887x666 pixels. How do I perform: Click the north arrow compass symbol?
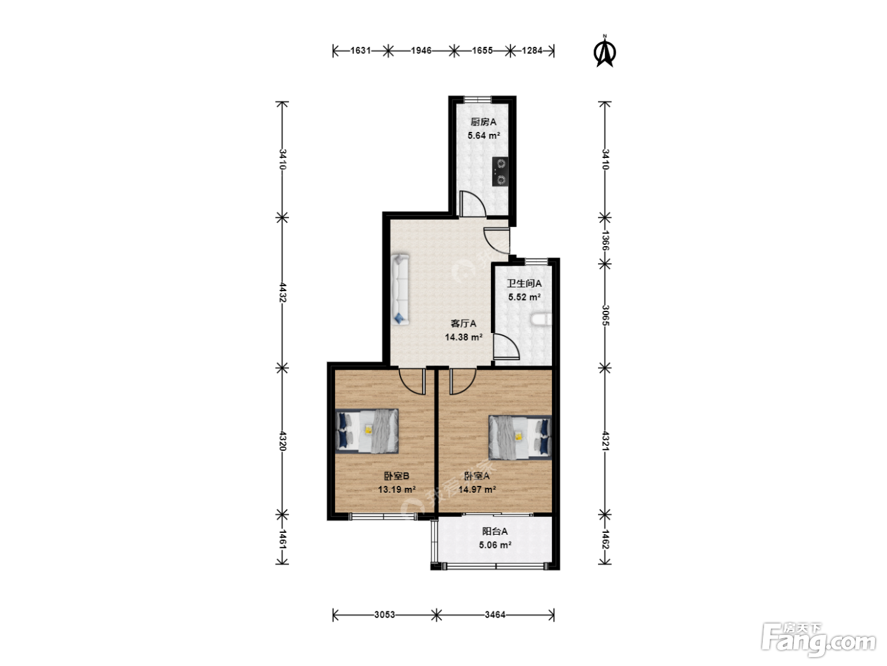click(605, 51)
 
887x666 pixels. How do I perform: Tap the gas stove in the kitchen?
click(500, 171)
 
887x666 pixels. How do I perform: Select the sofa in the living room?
click(400, 289)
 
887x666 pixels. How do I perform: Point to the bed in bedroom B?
click(367, 431)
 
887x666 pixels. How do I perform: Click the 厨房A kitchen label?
click(483, 122)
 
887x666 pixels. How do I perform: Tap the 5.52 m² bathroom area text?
click(524, 297)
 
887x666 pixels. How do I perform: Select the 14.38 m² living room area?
click(464, 337)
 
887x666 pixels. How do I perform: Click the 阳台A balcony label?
click(495, 532)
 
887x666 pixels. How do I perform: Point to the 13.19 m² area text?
click(397, 490)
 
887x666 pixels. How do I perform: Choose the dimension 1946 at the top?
click(421, 51)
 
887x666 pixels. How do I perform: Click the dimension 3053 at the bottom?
click(385, 615)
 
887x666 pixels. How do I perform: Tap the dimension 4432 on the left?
click(283, 292)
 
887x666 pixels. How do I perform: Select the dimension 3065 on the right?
click(605, 315)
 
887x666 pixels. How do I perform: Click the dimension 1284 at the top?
click(532, 51)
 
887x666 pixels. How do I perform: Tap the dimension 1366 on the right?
click(605, 240)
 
